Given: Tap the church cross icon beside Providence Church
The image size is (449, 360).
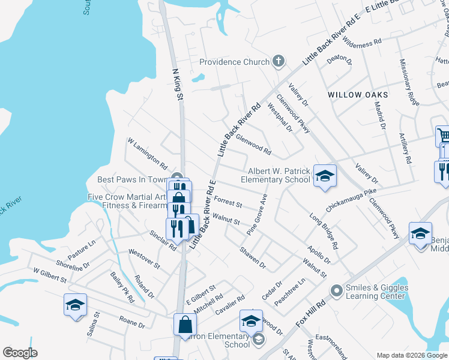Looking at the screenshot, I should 277,61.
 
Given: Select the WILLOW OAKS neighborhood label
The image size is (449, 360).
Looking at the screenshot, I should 358,95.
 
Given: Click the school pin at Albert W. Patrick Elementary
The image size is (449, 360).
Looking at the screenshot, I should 324,176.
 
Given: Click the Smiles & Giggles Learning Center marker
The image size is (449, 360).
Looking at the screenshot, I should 336,291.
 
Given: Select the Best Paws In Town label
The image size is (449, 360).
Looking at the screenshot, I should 131,179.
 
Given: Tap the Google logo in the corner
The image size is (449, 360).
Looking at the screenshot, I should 20,353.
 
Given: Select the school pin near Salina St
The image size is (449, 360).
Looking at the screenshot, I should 75,305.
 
